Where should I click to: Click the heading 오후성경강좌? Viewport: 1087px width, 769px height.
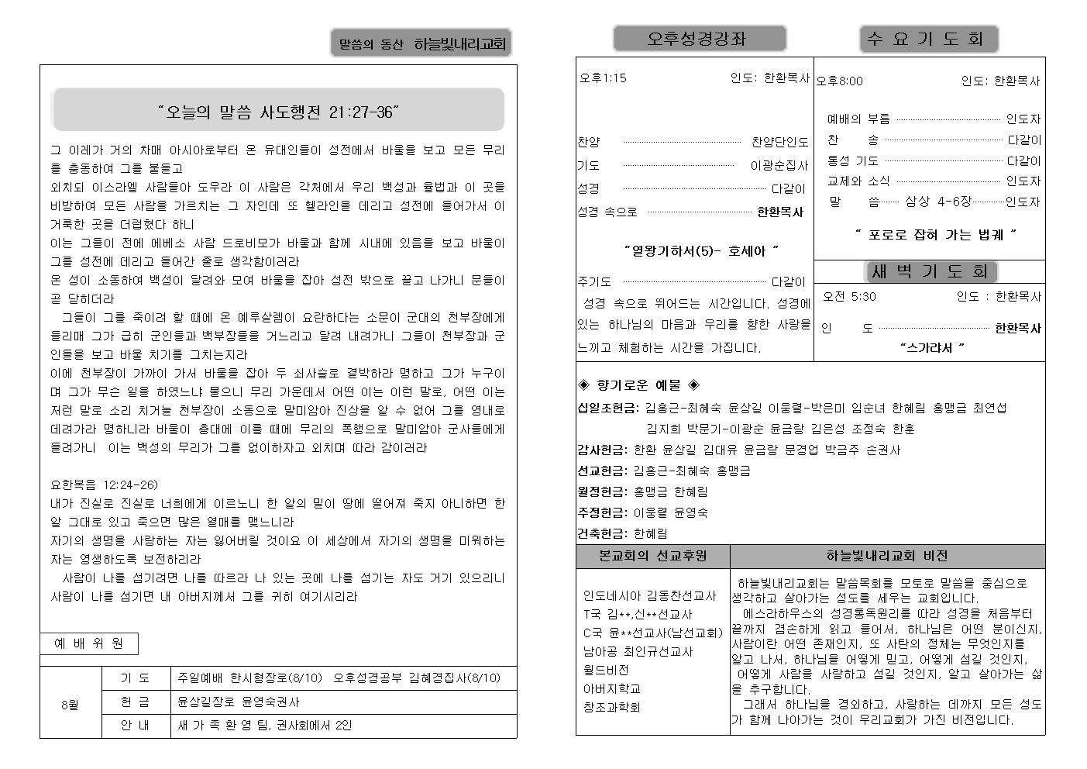click(699, 38)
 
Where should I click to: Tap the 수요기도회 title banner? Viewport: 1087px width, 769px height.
click(928, 39)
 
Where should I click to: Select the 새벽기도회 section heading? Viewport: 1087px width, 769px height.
click(930, 271)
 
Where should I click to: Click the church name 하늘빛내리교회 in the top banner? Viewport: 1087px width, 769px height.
click(459, 45)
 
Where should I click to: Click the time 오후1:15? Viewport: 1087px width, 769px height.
click(603, 78)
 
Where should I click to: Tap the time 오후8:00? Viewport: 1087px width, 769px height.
click(840, 81)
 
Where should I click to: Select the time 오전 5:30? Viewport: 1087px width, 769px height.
click(849, 296)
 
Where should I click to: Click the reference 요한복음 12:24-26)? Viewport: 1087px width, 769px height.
click(105, 485)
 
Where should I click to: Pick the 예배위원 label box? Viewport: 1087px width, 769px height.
click(89, 643)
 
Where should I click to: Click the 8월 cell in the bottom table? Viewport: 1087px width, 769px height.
click(71, 705)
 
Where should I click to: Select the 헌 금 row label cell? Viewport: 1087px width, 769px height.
click(136, 702)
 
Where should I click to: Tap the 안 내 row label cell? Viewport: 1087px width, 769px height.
click(136, 726)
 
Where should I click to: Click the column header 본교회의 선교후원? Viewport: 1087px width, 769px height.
click(652, 556)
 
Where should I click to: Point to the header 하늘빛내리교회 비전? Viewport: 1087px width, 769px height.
click(887, 556)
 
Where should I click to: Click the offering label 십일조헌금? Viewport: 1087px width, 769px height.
click(608, 408)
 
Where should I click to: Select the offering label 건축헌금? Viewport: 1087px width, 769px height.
click(602, 533)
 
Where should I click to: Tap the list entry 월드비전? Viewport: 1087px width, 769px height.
click(606, 670)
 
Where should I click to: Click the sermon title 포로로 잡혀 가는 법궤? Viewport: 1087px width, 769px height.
click(936, 234)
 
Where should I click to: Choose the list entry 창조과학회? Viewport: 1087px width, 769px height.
click(611, 707)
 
